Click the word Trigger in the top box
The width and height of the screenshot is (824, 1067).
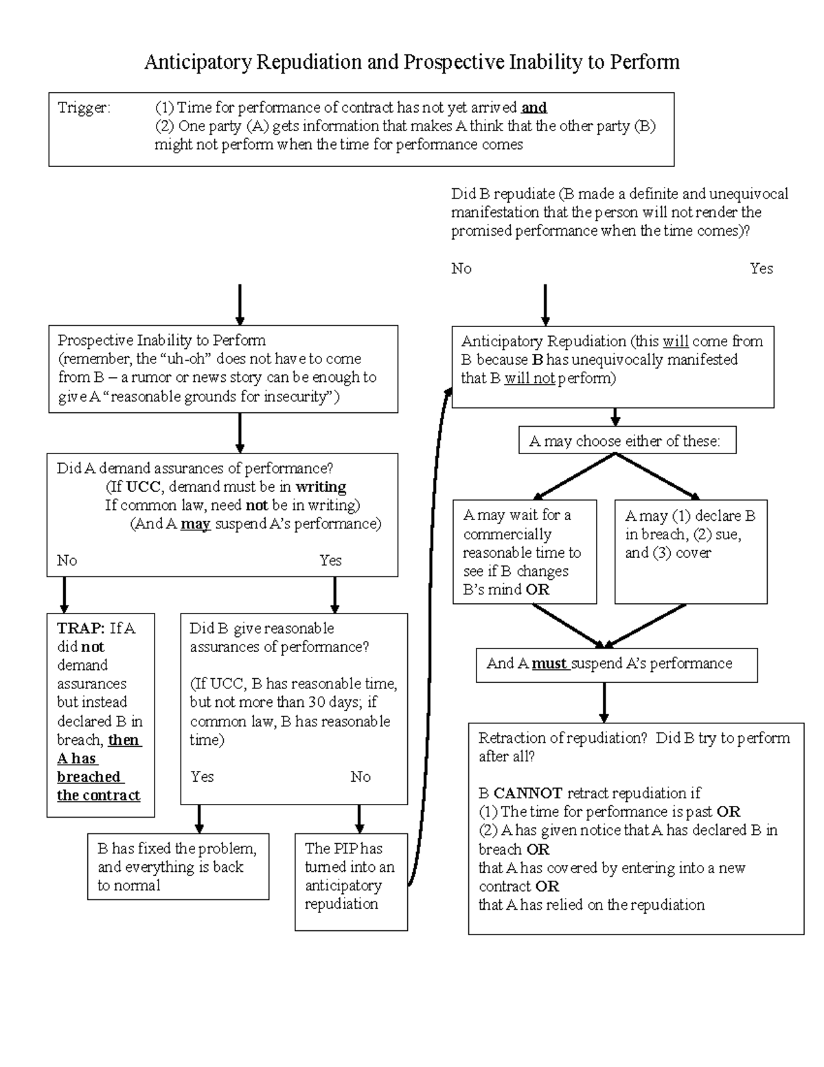coord(82,108)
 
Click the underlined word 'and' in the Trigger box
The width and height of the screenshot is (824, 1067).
coord(534,108)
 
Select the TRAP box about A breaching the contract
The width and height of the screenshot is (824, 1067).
coord(100,715)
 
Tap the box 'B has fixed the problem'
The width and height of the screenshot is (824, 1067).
coord(178,866)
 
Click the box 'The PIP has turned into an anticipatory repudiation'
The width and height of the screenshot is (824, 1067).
coord(351,881)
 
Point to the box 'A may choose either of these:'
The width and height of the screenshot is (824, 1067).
coord(626,441)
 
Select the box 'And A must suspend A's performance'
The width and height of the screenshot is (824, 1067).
coord(616,664)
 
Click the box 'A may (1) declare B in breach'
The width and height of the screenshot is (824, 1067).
coord(690,552)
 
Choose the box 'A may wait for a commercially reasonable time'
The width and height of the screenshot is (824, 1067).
coord(524,552)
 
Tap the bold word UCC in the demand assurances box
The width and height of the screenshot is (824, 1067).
coord(144,487)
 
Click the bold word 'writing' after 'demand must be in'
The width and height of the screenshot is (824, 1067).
coord(321,487)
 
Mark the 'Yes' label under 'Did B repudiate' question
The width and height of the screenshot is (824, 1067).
coord(761,269)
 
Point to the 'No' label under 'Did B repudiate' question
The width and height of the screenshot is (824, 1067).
coord(461,269)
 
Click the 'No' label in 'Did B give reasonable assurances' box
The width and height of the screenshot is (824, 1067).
coord(360,777)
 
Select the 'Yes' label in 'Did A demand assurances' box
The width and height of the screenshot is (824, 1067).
coord(330,561)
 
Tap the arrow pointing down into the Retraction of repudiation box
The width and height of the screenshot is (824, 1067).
coord(604,702)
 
